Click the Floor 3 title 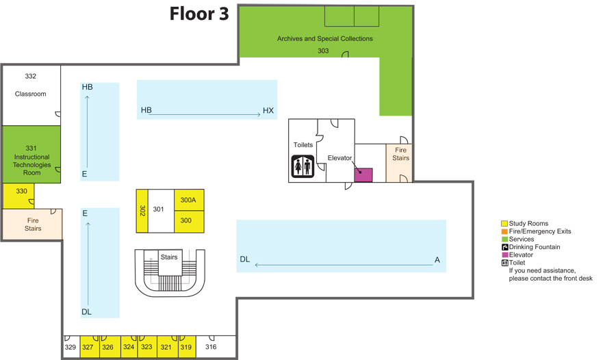(199, 14)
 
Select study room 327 (88, 347)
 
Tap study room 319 (186, 347)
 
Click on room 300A (188, 200)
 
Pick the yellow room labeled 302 (142, 211)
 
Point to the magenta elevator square (363, 175)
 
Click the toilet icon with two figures (302, 165)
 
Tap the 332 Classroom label (31, 85)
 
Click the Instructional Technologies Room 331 (31, 160)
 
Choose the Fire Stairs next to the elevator (400, 162)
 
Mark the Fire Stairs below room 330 (32, 224)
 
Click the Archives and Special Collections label (324, 39)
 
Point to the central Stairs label (169, 257)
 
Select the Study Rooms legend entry (528, 224)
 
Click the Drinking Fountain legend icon (504, 247)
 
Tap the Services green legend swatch (504, 240)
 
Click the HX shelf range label (268, 110)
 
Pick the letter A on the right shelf (437, 259)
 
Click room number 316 (211, 347)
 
